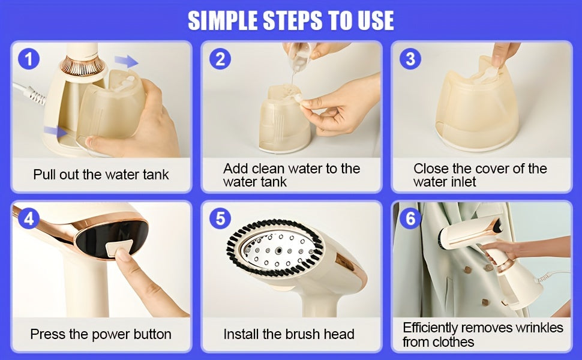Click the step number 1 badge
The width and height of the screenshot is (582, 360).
point(29,59)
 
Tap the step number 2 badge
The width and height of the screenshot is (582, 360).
point(220,59)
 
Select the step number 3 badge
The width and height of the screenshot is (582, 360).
point(410,59)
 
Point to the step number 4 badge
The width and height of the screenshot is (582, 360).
point(29,218)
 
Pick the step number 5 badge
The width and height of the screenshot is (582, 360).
point(220,218)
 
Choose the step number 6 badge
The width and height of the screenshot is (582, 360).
point(410,218)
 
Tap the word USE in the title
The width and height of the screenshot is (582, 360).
point(375,20)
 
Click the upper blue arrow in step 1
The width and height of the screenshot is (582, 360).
point(126,61)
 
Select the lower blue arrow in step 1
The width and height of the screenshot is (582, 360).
point(55,131)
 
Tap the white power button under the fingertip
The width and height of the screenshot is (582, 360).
point(118,247)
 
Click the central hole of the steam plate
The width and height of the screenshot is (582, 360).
point(278,251)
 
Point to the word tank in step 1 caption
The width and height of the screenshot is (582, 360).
point(156,175)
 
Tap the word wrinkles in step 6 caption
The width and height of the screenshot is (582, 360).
point(539,328)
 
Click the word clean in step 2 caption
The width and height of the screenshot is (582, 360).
point(270,169)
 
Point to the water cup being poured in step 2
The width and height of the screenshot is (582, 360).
point(301,56)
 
